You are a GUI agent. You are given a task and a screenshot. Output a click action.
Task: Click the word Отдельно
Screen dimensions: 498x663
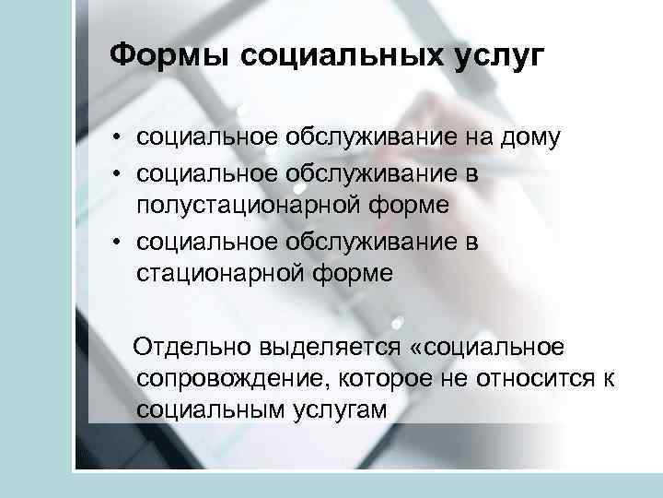tap(188, 347)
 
